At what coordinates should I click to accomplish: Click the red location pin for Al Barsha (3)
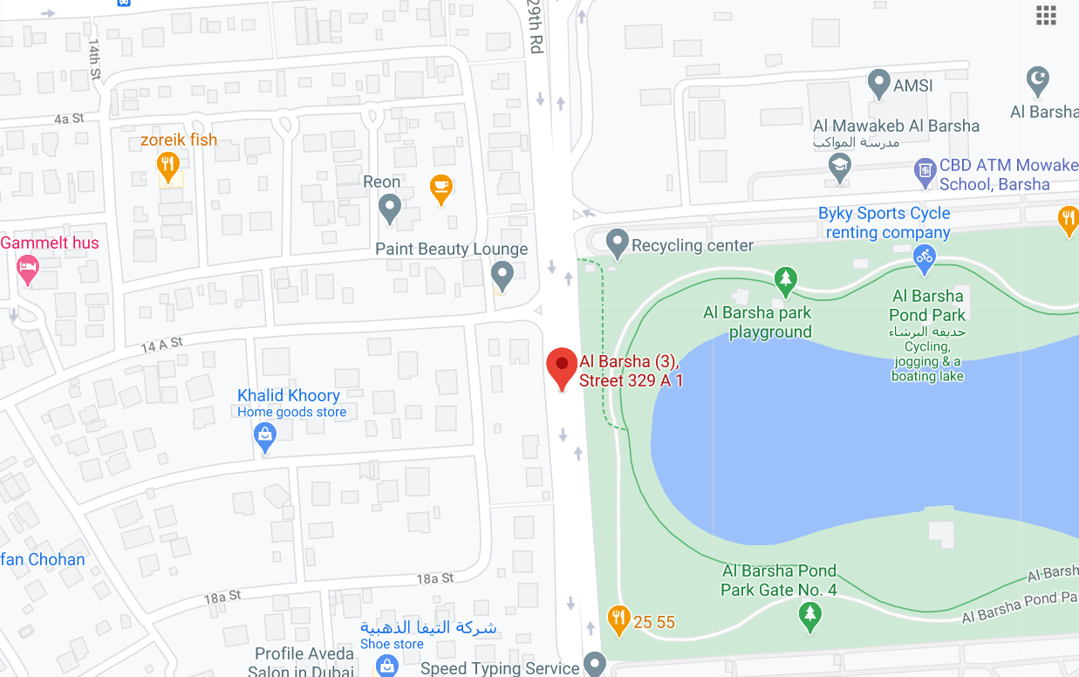pyautogui.click(x=562, y=367)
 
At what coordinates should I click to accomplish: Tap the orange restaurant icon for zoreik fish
pyautogui.click(x=168, y=165)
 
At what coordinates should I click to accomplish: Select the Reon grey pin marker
pyautogui.click(x=390, y=208)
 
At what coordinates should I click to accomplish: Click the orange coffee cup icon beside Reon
pyautogui.click(x=441, y=188)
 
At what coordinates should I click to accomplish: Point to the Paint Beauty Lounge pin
pyautogui.click(x=502, y=275)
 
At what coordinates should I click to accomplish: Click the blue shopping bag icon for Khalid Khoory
pyautogui.click(x=265, y=435)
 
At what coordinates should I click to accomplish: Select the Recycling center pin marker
pyautogui.click(x=618, y=243)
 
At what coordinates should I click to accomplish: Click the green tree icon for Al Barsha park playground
pyautogui.click(x=787, y=280)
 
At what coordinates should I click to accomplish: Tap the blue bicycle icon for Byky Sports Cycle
pyautogui.click(x=924, y=256)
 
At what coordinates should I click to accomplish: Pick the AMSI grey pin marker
pyautogui.click(x=879, y=84)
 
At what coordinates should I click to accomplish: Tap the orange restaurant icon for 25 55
pyautogui.click(x=618, y=619)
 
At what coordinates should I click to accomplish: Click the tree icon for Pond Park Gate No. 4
pyautogui.click(x=810, y=616)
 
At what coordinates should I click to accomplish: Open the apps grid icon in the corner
pyautogui.click(x=1046, y=15)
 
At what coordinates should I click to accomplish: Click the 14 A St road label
pyautogui.click(x=162, y=345)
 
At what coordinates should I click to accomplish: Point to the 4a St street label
pyautogui.click(x=69, y=118)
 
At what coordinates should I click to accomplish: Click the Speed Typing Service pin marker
pyautogui.click(x=595, y=663)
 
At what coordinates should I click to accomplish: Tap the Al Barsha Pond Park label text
pyautogui.click(x=927, y=305)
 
